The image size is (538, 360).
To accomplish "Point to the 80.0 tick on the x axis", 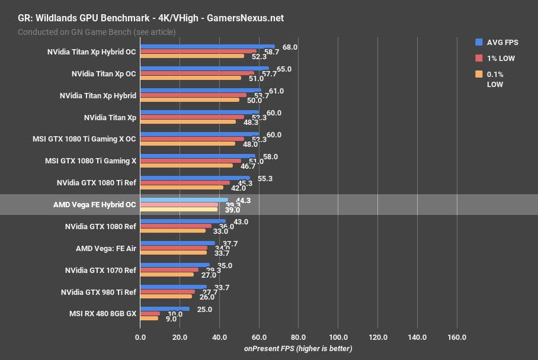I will coord(298,337).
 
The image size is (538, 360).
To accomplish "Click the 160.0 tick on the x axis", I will coord(456,337).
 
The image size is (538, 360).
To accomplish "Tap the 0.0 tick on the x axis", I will coord(140,337).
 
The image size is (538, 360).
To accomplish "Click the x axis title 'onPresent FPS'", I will coord(298,349).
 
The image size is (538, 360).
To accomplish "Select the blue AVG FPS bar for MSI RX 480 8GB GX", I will coord(165,308).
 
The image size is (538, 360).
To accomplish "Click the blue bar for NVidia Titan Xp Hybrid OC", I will coord(207,46).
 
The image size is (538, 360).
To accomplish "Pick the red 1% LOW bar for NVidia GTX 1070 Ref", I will coord(169,270).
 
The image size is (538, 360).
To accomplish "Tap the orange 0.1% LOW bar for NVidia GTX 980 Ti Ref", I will coord(166,296).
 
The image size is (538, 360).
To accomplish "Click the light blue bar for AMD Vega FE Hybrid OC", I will coord(184,200).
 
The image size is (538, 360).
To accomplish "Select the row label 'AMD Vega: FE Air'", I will coord(106,249).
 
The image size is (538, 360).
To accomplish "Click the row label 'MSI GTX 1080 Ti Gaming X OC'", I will coord(84,139).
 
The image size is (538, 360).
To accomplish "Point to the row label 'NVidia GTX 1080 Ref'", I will coord(100,227).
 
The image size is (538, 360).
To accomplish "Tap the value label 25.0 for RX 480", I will coord(205,309).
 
